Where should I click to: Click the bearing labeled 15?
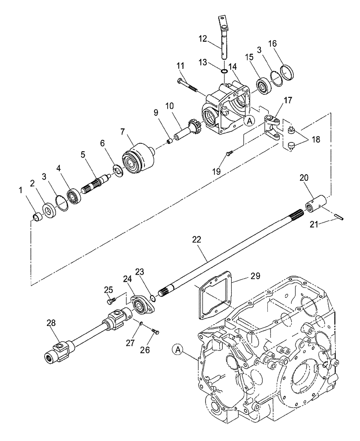[265, 86]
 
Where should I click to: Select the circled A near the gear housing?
[250, 120]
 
